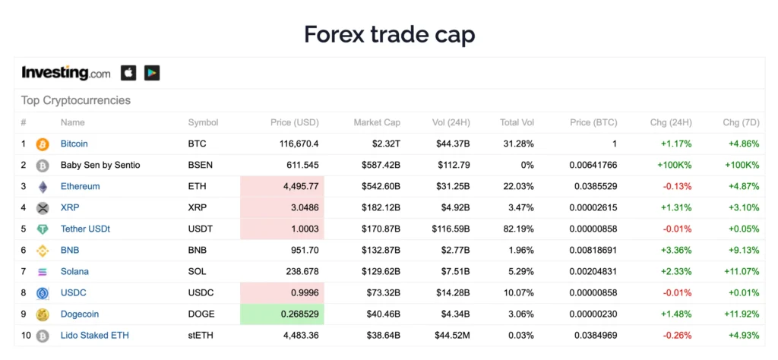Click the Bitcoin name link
click(74, 144)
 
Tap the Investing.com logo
click(66, 73)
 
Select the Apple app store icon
click(128, 73)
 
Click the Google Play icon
click(152, 73)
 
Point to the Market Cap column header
click(377, 122)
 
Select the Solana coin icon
click(43, 272)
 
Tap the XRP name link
click(70, 207)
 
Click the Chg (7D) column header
click(740, 122)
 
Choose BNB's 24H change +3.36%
click(675, 250)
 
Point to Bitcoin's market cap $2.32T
click(384, 144)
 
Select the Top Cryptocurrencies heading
click(76, 100)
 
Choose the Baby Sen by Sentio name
click(100, 165)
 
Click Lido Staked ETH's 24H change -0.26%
click(677, 335)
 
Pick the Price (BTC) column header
click(594, 122)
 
